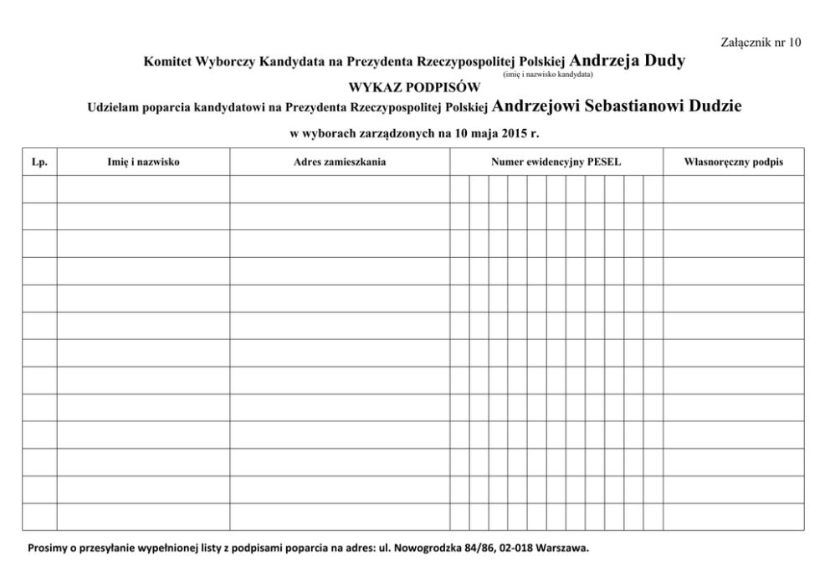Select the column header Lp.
(39, 162)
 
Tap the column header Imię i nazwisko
(144, 162)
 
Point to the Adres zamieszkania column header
(340, 162)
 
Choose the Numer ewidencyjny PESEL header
(556, 162)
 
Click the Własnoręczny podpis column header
(734, 162)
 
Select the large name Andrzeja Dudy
(628, 61)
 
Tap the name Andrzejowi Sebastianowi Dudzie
(617, 106)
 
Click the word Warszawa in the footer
(565, 549)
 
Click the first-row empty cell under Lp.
(39, 188)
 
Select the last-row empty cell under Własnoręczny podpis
(734, 517)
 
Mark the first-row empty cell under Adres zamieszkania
(340, 188)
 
